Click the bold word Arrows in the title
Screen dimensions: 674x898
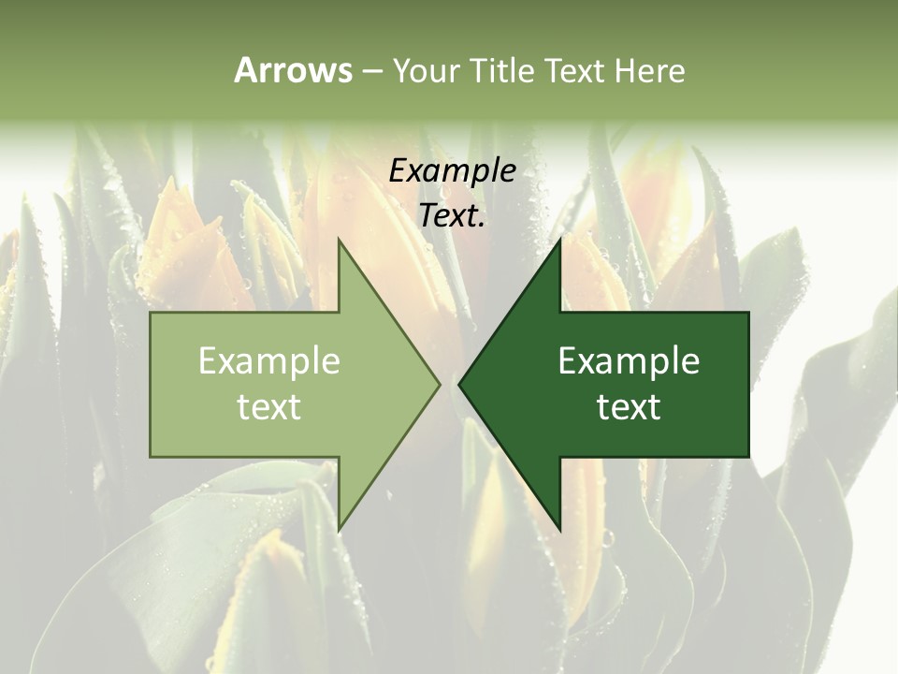pyautogui.click(x=293, y=70)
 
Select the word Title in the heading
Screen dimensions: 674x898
pyautogui.click(x=505, y=70)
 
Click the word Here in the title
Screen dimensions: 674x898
pyautogui.click(x=649, y=70)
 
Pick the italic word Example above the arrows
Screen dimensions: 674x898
pyautogui.click(x=453, y=170)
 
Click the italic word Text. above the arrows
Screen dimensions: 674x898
pyautogui.click(x=453, y=216)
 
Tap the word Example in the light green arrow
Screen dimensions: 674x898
pyautogui.click(x=269, y=361)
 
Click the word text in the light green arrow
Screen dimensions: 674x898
pyautogui.click(x=269, y=407)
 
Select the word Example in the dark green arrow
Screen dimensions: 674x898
pyautogui.click(x=629, y=361)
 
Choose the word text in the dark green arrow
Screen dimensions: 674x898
pyautogui.click(x=629, y=407)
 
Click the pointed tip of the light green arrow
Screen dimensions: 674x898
pyautogui.click(x=440, y=384)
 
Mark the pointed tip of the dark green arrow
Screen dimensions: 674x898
pyautogui.click(x=459, y=384)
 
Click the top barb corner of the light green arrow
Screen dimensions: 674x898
pyautogui.click(x=339, y=239)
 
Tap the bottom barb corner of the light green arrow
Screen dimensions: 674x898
pyautogui.click(x=339, y=530)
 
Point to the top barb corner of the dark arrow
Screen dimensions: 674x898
pyautogui.click(x=559, y=239)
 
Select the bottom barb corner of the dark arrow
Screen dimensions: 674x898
pyautogui.click(x=559, y=530)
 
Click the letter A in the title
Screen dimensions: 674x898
pyautogui.click(x=245, y=70)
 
